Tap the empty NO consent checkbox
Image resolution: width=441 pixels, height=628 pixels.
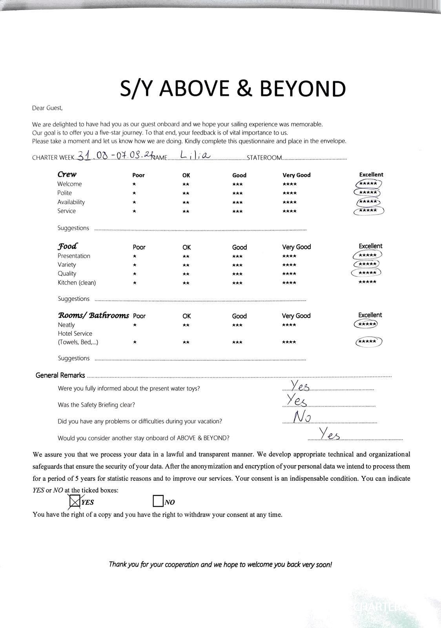pyautogui.click(x=158, y=501)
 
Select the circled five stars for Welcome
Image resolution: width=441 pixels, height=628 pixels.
pyautogui.click(x=368, y=184)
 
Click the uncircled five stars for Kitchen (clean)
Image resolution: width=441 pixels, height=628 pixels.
pyautogui.click(x=367, y=282)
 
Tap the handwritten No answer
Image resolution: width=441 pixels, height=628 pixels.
pyautogui.click(x=302, y=417)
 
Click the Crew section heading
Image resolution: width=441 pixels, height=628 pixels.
pyautogui.click(x=67, y=174)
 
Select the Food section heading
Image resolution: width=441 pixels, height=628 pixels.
pyautogui.click(x=67, y=246)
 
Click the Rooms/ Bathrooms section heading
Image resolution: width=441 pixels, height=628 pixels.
pyautogui.click(x=93, y=315)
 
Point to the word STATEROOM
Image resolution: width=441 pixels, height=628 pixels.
pyautogui.click(x=264, y=158)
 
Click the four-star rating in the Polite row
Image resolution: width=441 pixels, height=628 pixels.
pyautogui.click(x=290, y=193)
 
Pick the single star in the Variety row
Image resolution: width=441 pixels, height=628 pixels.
pyautogui.click(x=135, y=265)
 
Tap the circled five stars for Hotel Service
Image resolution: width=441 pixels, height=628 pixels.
pyautogui.click(x=368, y=342)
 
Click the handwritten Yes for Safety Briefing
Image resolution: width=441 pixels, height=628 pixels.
pyautogui.click(x=296, y=400)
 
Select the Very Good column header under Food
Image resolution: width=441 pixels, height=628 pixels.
pyautogui.click(x=296, y=247)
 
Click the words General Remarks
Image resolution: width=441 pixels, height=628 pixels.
pyautogui.click(x=60, y=375)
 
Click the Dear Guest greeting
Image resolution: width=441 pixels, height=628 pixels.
pyautogui.click(x=47, y=108)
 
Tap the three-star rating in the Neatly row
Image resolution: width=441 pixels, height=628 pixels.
pyautogui.click(x=237, y=325)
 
